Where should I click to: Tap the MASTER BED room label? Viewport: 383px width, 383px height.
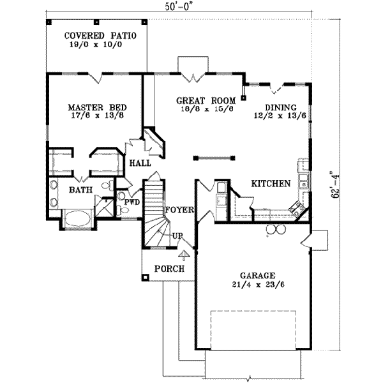[96, 107]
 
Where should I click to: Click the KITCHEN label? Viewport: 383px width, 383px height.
[271, 183]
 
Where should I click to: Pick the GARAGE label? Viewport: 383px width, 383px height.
[254, 271]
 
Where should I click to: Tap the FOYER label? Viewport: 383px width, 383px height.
[179, 209]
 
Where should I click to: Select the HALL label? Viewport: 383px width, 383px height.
[140, 163]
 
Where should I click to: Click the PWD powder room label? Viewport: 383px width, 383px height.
[132, 202]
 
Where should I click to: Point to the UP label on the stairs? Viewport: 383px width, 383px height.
[179, 236]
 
